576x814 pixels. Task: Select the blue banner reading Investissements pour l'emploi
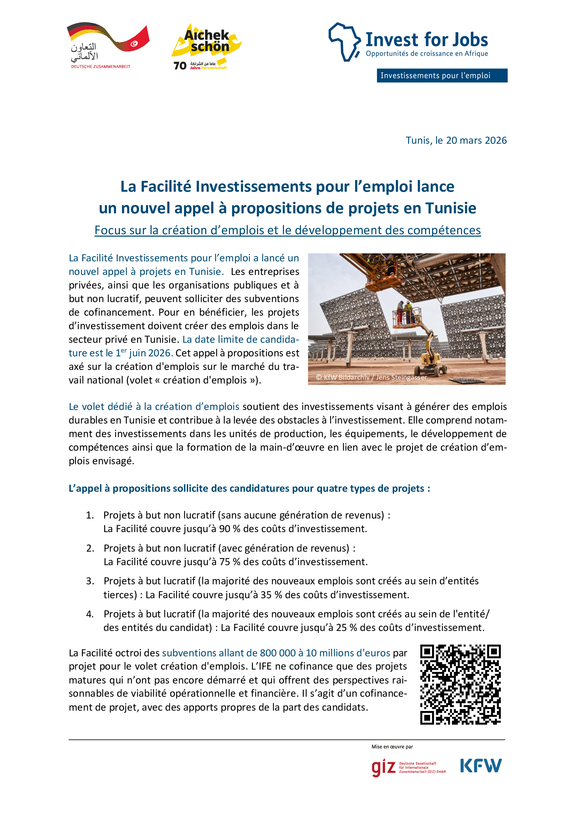pyautogui.click(x=441, y=76)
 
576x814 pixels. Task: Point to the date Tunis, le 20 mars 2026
pyautogui.click(x=456, y=140)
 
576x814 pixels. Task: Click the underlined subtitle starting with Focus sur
pyautogui.click(x=287, y=230)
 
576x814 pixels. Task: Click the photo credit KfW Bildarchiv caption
pyautogui.click(x=371, y=377)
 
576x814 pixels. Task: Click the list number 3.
pyautogui.click(x=90, y=581)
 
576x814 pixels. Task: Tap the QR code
pyautogui.click(x=460, y=684)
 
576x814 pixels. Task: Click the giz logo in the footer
pyautogui.click(x=383, y=768)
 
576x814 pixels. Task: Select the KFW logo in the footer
pyautogui.click(x=481, y=766)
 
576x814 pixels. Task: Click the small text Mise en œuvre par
pyautogui.click(x=392, y=746)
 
